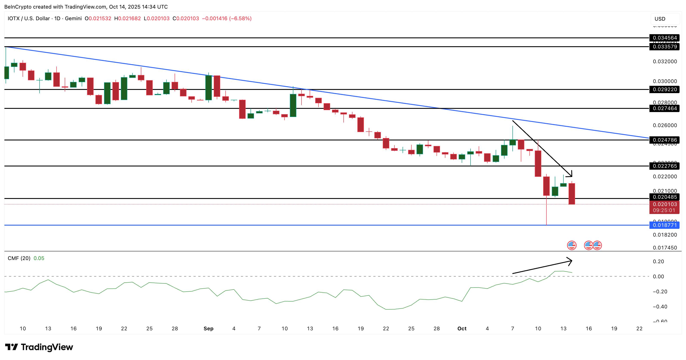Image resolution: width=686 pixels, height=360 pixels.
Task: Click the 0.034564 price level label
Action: click(664, 38)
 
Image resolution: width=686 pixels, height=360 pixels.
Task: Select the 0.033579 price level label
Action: click(664, 47)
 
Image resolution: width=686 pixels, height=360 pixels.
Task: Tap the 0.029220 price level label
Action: click(664, 89)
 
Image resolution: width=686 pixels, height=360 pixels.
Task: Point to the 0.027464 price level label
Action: click(664, 108)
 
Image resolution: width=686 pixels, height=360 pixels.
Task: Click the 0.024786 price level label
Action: click(664, 140)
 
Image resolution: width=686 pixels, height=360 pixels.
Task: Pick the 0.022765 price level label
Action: click(664, 166)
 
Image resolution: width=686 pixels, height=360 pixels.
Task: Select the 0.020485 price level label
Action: click(664, 197)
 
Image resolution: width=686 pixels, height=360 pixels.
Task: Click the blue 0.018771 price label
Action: click(664, 225)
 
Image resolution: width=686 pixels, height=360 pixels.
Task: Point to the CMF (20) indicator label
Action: click(19, 258)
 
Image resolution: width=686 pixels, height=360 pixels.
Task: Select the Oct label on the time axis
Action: click(462, 329)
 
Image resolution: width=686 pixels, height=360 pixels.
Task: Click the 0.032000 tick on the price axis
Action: click(664, 62)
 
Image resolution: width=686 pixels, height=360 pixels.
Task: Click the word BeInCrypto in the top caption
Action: click(18, 7)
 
